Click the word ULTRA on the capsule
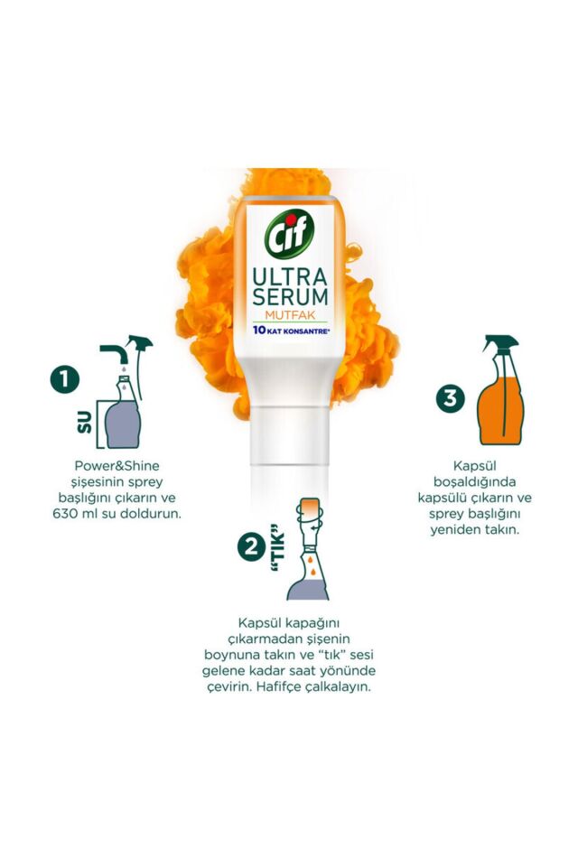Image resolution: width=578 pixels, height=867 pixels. pyautogui.click(x=288, y=274)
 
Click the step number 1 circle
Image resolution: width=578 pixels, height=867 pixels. pyautogui.click(x=64, y=379)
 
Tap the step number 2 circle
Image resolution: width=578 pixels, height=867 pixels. pyautogui.click(x=250, y=545)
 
